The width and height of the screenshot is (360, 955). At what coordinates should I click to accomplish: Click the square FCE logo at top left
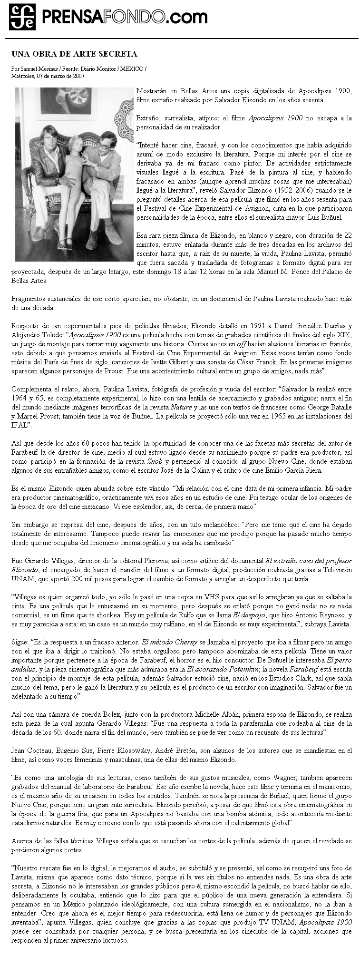pos(22,17)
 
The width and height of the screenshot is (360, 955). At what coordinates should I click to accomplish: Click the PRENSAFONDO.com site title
pos(125,18)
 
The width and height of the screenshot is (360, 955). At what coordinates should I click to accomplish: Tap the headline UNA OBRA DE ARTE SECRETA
pos(74,54)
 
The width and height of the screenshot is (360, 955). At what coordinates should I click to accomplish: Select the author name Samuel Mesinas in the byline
pos(36,69)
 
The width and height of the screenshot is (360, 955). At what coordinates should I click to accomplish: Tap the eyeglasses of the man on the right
pos(104,147)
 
